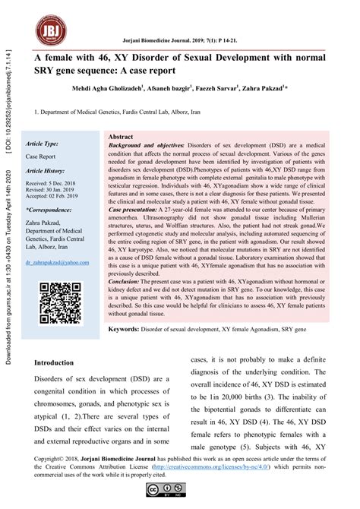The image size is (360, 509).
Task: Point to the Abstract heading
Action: [x=121, y=137]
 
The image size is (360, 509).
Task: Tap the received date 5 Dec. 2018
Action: [x=56, y=184]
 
